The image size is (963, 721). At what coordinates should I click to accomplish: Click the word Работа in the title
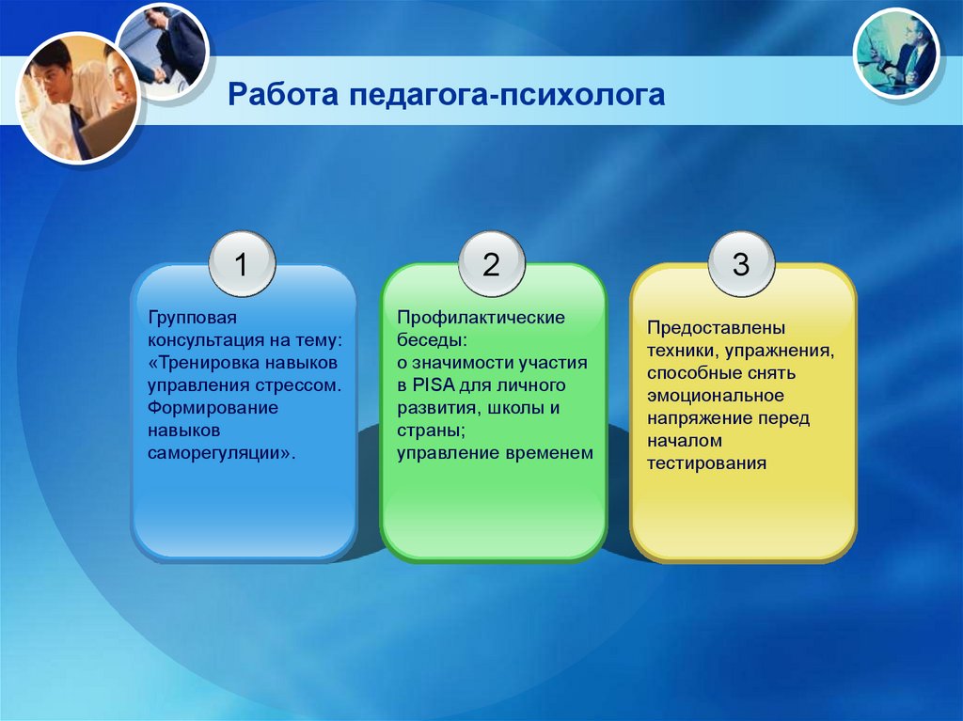pos(283,95)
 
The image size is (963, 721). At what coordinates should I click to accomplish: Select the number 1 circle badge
pos(242,264)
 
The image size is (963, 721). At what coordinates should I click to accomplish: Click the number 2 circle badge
pos(491,264)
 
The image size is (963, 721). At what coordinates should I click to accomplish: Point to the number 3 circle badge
pos(741,264)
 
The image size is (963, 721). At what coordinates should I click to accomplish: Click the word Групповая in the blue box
pos(192,318)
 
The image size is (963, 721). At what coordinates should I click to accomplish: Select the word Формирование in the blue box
pos(213,408)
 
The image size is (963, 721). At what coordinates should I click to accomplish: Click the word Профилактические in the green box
pos(481,318)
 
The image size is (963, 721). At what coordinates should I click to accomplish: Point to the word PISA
pos(434,385)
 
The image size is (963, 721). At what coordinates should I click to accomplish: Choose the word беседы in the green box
pos(430,340)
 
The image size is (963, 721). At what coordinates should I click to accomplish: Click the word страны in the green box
pos(428,431)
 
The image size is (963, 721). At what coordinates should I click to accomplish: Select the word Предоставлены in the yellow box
pos(716,328)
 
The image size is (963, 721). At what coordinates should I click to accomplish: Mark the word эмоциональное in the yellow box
pos(716,396)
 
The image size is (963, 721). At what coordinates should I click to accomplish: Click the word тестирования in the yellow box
pos(707,463)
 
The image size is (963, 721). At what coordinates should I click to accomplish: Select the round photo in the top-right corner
pos(897,54)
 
